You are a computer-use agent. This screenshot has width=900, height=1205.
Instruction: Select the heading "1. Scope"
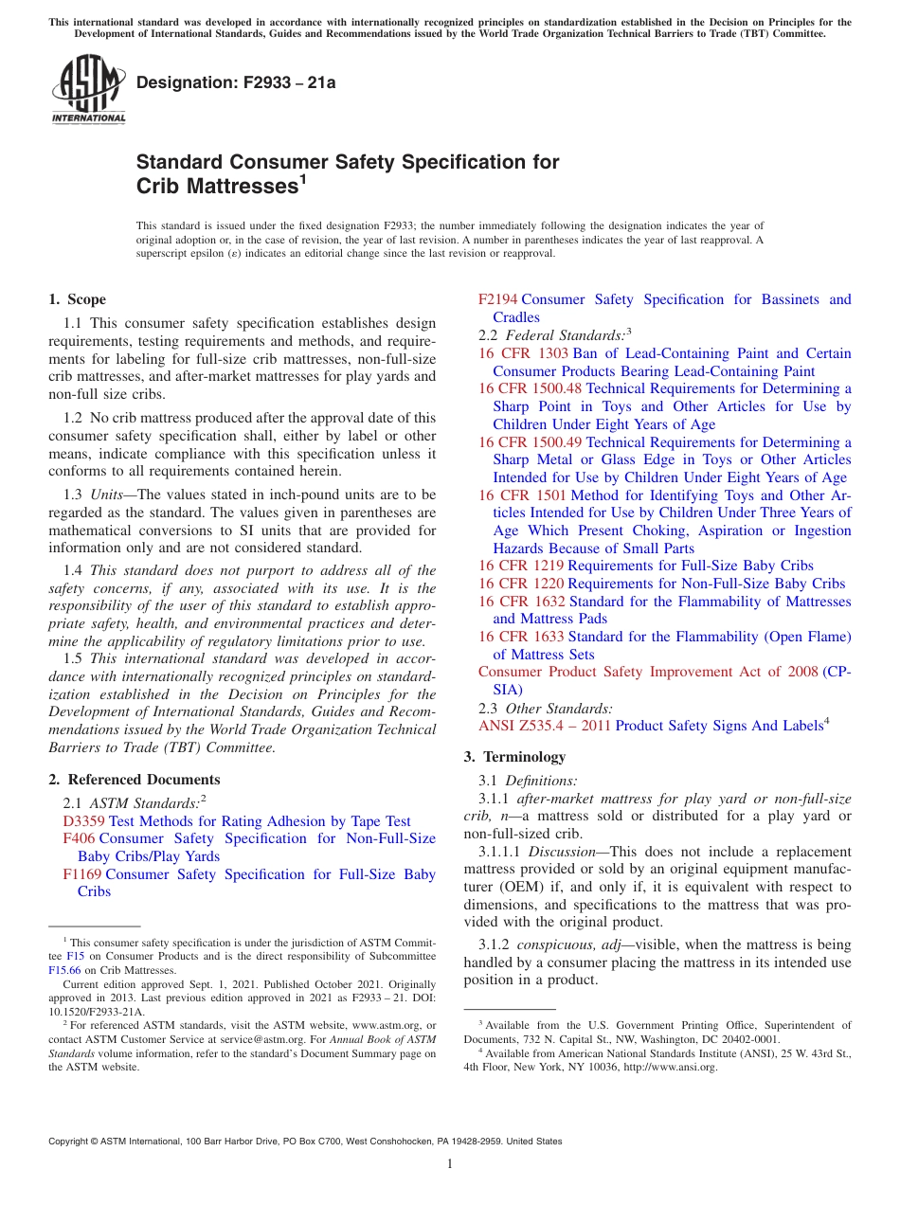click(78, 299)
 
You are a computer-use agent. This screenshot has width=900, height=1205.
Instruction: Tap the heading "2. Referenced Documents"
click(135, 780)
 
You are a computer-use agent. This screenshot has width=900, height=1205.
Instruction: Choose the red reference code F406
click(79, 838)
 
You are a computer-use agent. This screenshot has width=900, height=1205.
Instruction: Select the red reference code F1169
click(82, 874)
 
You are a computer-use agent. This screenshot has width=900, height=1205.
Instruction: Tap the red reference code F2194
click(498, 299)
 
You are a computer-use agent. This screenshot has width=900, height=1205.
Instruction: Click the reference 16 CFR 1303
click(523, 353)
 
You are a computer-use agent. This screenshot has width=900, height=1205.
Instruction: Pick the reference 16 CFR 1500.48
click(531, 388)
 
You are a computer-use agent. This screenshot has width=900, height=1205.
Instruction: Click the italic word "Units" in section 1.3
click(108, 495)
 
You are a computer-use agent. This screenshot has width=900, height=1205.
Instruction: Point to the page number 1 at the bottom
click(450, 1163)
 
